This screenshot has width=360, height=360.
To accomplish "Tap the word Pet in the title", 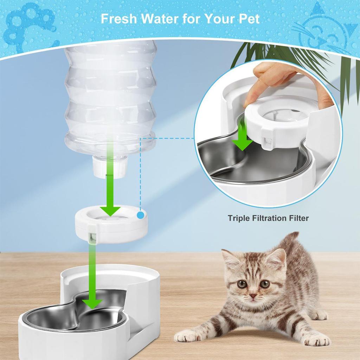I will (x=248, y=18).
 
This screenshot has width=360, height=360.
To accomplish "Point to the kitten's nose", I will (x=252, y=296).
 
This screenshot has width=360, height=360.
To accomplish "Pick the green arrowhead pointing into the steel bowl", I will (x=92, y=303).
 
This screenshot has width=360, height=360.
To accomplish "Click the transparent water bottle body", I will (x=110, y=95).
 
